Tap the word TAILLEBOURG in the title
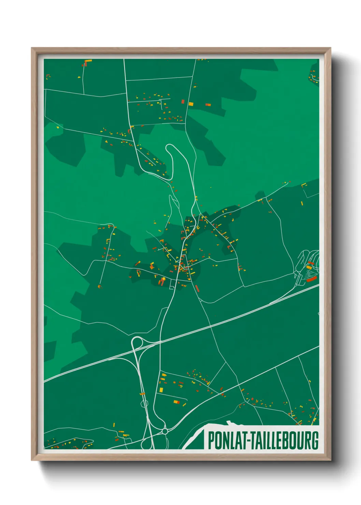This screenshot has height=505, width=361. [x=286, y=441]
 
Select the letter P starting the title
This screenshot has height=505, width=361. [x=211, y=441]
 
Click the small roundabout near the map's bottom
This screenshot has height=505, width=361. [x=165, y=431]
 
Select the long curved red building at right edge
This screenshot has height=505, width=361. [x=312, y=279]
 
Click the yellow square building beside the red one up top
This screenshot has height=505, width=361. [x=191, y=104]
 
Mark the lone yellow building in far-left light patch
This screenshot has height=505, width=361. [x=58, y=127]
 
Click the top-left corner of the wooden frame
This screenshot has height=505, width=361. [x=32, y=48]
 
